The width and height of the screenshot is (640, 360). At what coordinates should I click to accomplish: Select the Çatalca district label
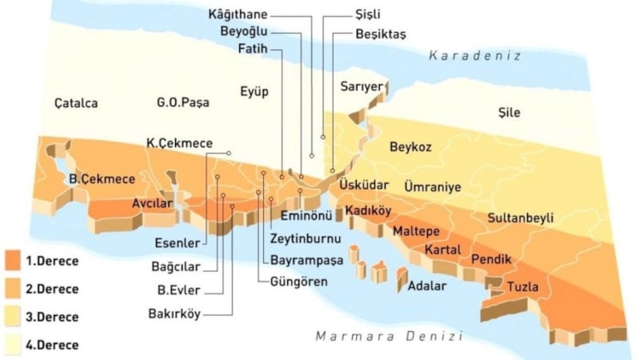point(76,103)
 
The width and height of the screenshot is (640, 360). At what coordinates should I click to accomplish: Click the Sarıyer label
point(358,86)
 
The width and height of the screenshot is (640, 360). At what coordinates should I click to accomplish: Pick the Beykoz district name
point(410,147)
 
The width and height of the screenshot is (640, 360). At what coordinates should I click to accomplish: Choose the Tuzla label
point(512,286)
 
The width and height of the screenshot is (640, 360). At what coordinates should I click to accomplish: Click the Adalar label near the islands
point(426,286)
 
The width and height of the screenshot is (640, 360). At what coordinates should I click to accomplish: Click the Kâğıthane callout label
point(237,14)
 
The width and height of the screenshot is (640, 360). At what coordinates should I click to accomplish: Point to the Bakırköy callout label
point(175,314)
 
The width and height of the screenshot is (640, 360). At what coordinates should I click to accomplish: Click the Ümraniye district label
point(433,186)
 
